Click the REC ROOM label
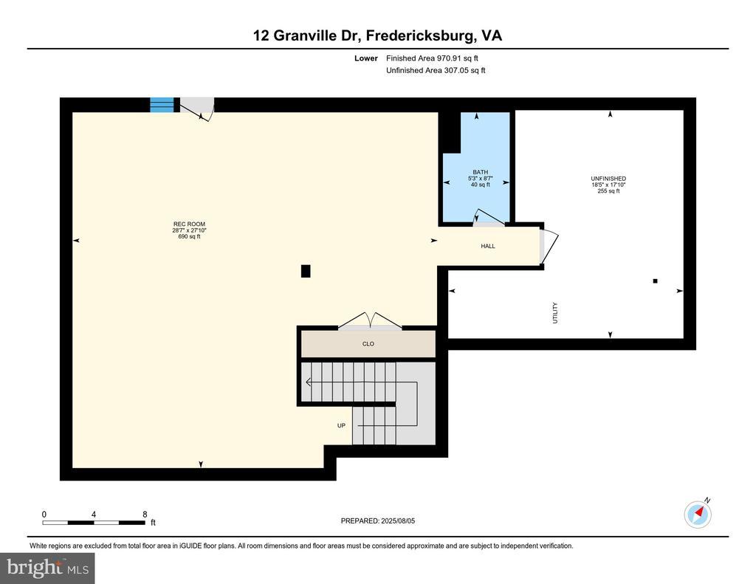coord(190,224)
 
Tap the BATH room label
coord(480,172)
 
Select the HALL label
coord(488,246)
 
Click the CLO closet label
coord(368,344)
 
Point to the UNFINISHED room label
coord(608,179)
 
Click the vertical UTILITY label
coord(555,313)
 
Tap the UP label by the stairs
coord(341,425)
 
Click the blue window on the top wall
coord(162,105)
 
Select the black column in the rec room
coord(306,271)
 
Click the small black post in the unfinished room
coord(655,281)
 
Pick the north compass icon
coord(698,514)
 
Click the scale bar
coord(94,523)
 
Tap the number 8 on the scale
coord(145,514)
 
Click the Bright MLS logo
coord(47,568)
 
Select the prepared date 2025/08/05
coord(398,521)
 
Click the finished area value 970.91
coord(449,58)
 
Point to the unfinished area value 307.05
coord(456,70)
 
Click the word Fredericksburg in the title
coord(420,36)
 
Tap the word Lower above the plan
coord(366,58)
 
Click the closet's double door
coord(370,321)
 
